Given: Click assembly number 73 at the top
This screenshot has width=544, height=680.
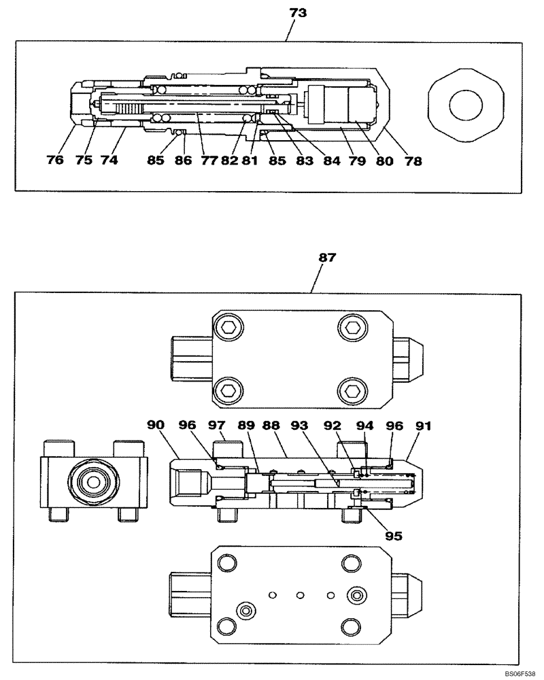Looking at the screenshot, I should [x=297, y=13].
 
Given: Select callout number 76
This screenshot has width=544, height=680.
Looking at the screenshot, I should [x=55, y=161].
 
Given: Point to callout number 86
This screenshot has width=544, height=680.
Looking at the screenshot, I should [x=184, y=161].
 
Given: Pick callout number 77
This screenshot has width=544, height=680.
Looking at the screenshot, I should [x=208, y=161].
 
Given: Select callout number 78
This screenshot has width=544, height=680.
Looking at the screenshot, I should [x=413, y=161].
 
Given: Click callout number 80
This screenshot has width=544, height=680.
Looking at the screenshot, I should [x=385, y=161].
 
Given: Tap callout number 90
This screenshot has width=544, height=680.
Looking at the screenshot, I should [x=156, y=425].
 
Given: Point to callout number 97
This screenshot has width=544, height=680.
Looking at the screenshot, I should [x=216, y=425].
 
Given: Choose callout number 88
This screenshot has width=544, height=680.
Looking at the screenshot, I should [x=271, y=425].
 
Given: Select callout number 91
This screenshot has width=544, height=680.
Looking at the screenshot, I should [x=424, y=425].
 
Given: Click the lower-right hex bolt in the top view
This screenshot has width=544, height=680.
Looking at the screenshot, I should [x=353, y=392].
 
